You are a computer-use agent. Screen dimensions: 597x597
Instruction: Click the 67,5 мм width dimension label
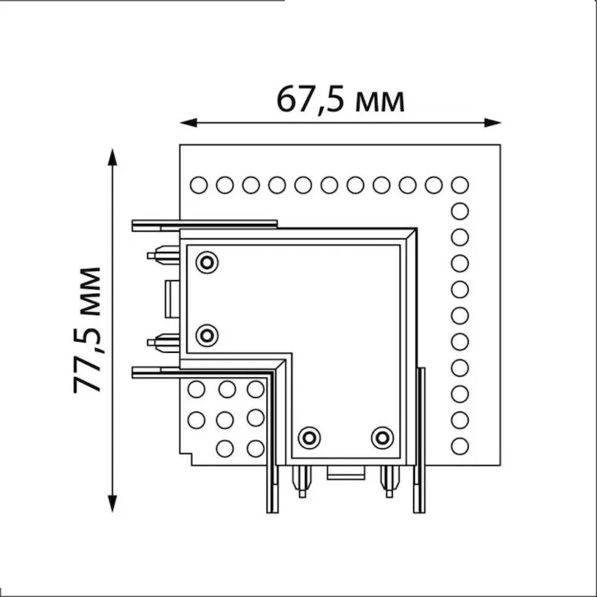click(x=340, y=100)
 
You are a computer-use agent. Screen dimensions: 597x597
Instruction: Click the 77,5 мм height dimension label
click(x=87, y=330)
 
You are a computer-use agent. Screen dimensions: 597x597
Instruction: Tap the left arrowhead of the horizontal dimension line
click(x=189, y=122)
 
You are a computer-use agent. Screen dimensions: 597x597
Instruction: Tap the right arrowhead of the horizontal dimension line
click(x=492, y=122)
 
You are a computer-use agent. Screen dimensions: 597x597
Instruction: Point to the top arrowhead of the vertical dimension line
click(x=112, y=157)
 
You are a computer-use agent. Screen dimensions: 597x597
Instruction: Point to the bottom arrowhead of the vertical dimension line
click(x=112, y=503)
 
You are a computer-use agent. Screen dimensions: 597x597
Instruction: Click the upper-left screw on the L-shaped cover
click(x=207, y=262)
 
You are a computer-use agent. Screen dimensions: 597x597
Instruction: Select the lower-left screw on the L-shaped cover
click(x=207, y=336)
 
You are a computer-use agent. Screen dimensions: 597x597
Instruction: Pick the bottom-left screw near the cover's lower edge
click(x=309, y=438)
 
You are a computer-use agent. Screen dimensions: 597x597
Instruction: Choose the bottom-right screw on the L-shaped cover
click(x=382, y=438)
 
